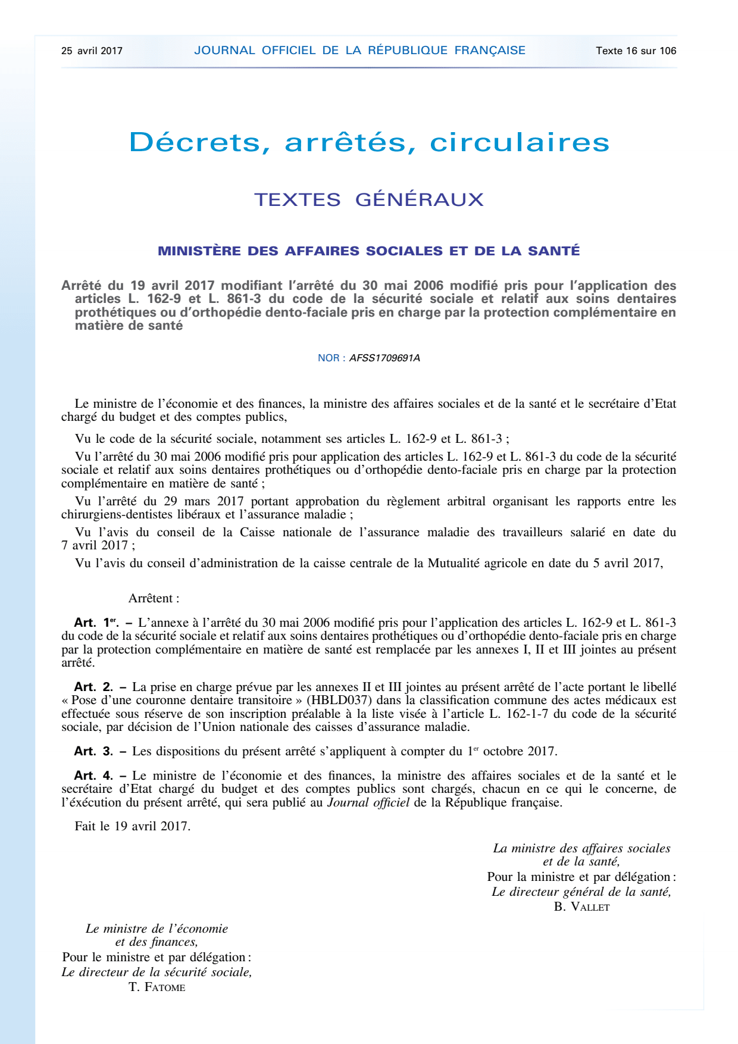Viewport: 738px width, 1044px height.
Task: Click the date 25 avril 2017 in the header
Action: [x=92, y=51]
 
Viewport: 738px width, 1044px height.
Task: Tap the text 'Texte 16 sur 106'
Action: [x=636, y=51]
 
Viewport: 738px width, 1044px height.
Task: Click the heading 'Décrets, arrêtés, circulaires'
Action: [x=369, y=142]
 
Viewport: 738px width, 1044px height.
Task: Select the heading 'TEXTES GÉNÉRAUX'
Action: [x=369, y=199]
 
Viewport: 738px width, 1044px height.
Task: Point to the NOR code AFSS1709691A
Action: [x=384, y=358]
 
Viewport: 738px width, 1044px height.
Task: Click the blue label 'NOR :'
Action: [x=332, y=358]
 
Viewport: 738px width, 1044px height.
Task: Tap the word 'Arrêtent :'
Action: [x=154, y=598]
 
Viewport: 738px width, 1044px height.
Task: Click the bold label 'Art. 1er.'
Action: [x=96, y=623]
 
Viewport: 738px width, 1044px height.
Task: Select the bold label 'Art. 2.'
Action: [x=93, y=687]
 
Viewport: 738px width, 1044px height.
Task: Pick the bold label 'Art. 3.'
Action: [x=93, y=751]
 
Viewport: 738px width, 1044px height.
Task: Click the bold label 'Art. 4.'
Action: [x=93, y=776]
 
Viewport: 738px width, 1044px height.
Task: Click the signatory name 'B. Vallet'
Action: [x=581, y=907]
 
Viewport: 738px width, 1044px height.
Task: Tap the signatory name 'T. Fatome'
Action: [x=157, y=987]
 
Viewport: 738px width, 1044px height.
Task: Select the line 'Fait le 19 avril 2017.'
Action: [x=133, y=826]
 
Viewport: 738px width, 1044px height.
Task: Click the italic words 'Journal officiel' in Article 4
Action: [x=368, y=802]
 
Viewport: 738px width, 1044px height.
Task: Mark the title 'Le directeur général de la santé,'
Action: [x=581, y=892]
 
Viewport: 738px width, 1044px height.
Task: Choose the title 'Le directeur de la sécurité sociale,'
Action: [x=157, y=972]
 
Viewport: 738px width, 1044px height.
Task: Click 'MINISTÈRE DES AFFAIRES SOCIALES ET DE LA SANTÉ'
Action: [x=369, y=251]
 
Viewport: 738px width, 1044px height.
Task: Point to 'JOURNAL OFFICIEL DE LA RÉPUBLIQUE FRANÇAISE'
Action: [x=359, y=51]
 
